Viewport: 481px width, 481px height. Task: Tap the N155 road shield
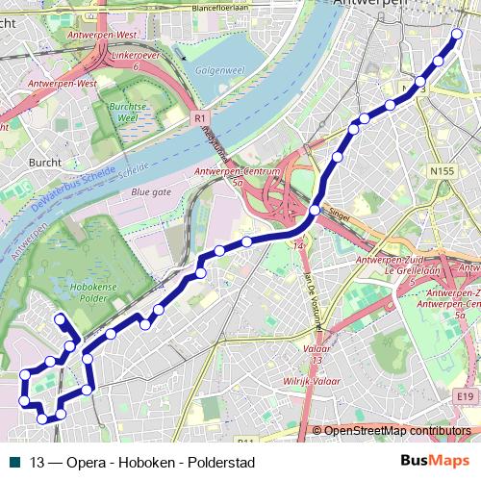point(442,171)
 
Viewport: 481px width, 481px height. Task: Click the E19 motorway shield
point(467,394)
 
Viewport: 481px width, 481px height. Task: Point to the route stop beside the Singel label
point(316,209)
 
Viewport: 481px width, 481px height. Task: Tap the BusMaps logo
point(428,461)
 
